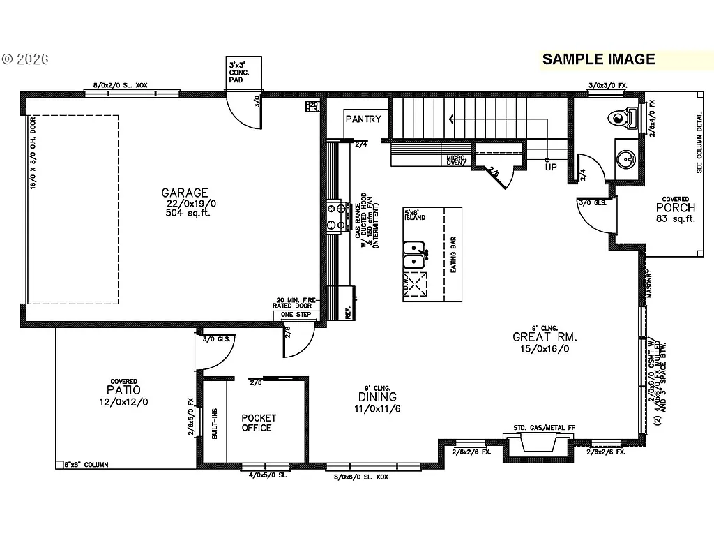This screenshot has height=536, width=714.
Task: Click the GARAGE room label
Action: click(x=185, y=193)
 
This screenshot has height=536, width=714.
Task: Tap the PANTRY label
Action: click(x=363, y=119)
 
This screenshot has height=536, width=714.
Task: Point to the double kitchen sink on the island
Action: click(x=415, y=254)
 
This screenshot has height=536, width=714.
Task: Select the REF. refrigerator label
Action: click(x=347, y=313)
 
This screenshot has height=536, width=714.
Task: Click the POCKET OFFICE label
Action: click(x=259, y=423)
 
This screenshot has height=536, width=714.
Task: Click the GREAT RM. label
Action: click(x=545, y=337)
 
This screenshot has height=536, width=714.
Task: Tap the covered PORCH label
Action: click(x=675, y=207)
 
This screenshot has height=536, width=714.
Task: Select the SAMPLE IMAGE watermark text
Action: click(x=599, y=59)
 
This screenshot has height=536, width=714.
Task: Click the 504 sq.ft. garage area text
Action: click(x=185, y=213)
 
